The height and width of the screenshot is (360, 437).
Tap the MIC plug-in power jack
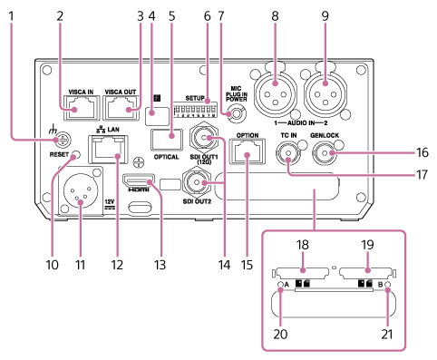tap(238, 115)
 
